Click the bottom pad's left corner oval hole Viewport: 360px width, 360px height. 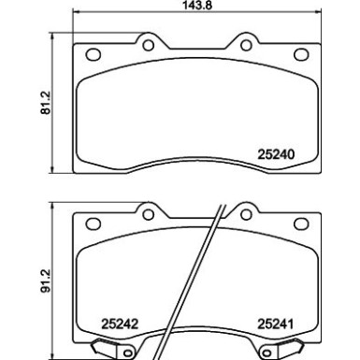point(90,223)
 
